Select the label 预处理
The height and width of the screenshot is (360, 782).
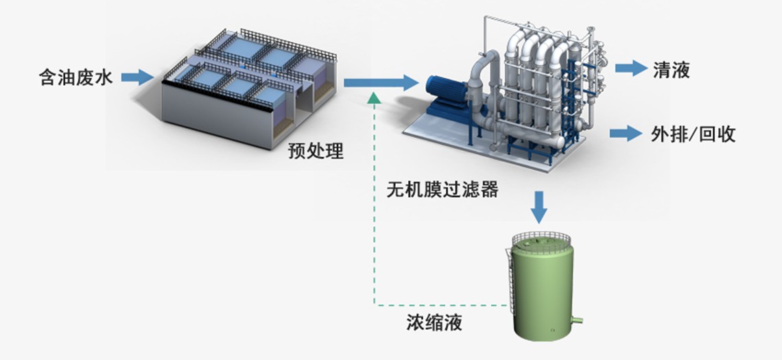[x=316, y=151]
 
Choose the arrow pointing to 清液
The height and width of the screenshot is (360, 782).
[x=630, y=67]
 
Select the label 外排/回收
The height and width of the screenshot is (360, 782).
[x=693, y=134]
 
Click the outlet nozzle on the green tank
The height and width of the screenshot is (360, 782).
[x=578, y=318]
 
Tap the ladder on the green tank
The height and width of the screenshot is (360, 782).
[x=510, y=274]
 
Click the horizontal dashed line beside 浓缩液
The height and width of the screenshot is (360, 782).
[x=439, y=304]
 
